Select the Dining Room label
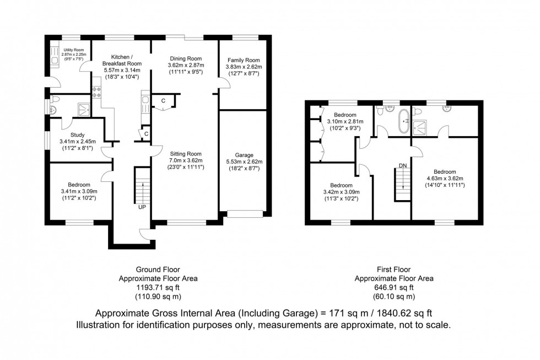[185, 58]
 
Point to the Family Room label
[242, 60]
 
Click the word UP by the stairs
[142, 207]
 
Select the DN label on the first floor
[403, 165]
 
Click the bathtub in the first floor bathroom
[406, 119]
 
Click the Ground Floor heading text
[158, 270]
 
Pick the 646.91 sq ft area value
[393, 287]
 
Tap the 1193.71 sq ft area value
[158, 287]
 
